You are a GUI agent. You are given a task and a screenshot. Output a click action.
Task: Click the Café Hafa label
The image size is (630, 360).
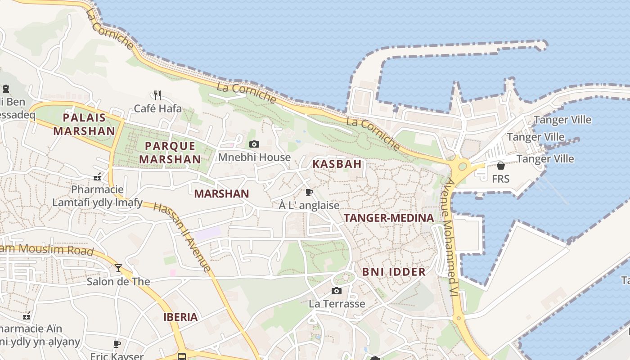click(158, 108)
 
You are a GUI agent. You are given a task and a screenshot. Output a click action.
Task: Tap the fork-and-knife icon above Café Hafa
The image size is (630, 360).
click(157, 95)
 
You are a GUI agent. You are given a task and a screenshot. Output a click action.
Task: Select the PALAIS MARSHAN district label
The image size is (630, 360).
click(84, 124)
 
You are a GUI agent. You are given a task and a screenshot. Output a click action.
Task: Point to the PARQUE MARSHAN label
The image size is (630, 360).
click(170, 153)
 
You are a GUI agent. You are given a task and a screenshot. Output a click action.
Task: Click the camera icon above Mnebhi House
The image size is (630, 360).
click(254, 144)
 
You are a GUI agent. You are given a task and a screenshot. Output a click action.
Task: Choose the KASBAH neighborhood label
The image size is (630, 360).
click(337, 164)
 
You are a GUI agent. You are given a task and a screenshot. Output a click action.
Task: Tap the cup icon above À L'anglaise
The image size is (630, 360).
click(309, 193)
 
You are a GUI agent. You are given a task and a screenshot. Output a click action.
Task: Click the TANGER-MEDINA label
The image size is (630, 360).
click(389, 218)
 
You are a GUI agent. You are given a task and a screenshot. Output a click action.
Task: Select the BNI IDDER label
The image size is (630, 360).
click(394, 272)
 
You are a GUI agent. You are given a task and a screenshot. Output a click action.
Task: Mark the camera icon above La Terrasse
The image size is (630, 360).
click(337, 291)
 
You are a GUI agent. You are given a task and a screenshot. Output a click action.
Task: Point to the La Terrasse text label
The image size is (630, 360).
click(337, 304)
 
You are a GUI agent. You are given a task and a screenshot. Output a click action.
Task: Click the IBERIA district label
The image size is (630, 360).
click(180, 317)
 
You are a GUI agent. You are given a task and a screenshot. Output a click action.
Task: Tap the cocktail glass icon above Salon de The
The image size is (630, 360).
click(118, 268)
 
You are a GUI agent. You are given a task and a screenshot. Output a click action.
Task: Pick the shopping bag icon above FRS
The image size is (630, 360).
click(500, 166)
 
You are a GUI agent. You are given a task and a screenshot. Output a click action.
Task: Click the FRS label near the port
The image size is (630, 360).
click(500, 179)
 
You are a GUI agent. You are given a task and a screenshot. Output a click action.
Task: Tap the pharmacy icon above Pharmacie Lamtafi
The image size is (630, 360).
click(97, 177)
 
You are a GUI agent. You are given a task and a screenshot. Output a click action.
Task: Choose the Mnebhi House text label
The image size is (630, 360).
click(254, 157)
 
